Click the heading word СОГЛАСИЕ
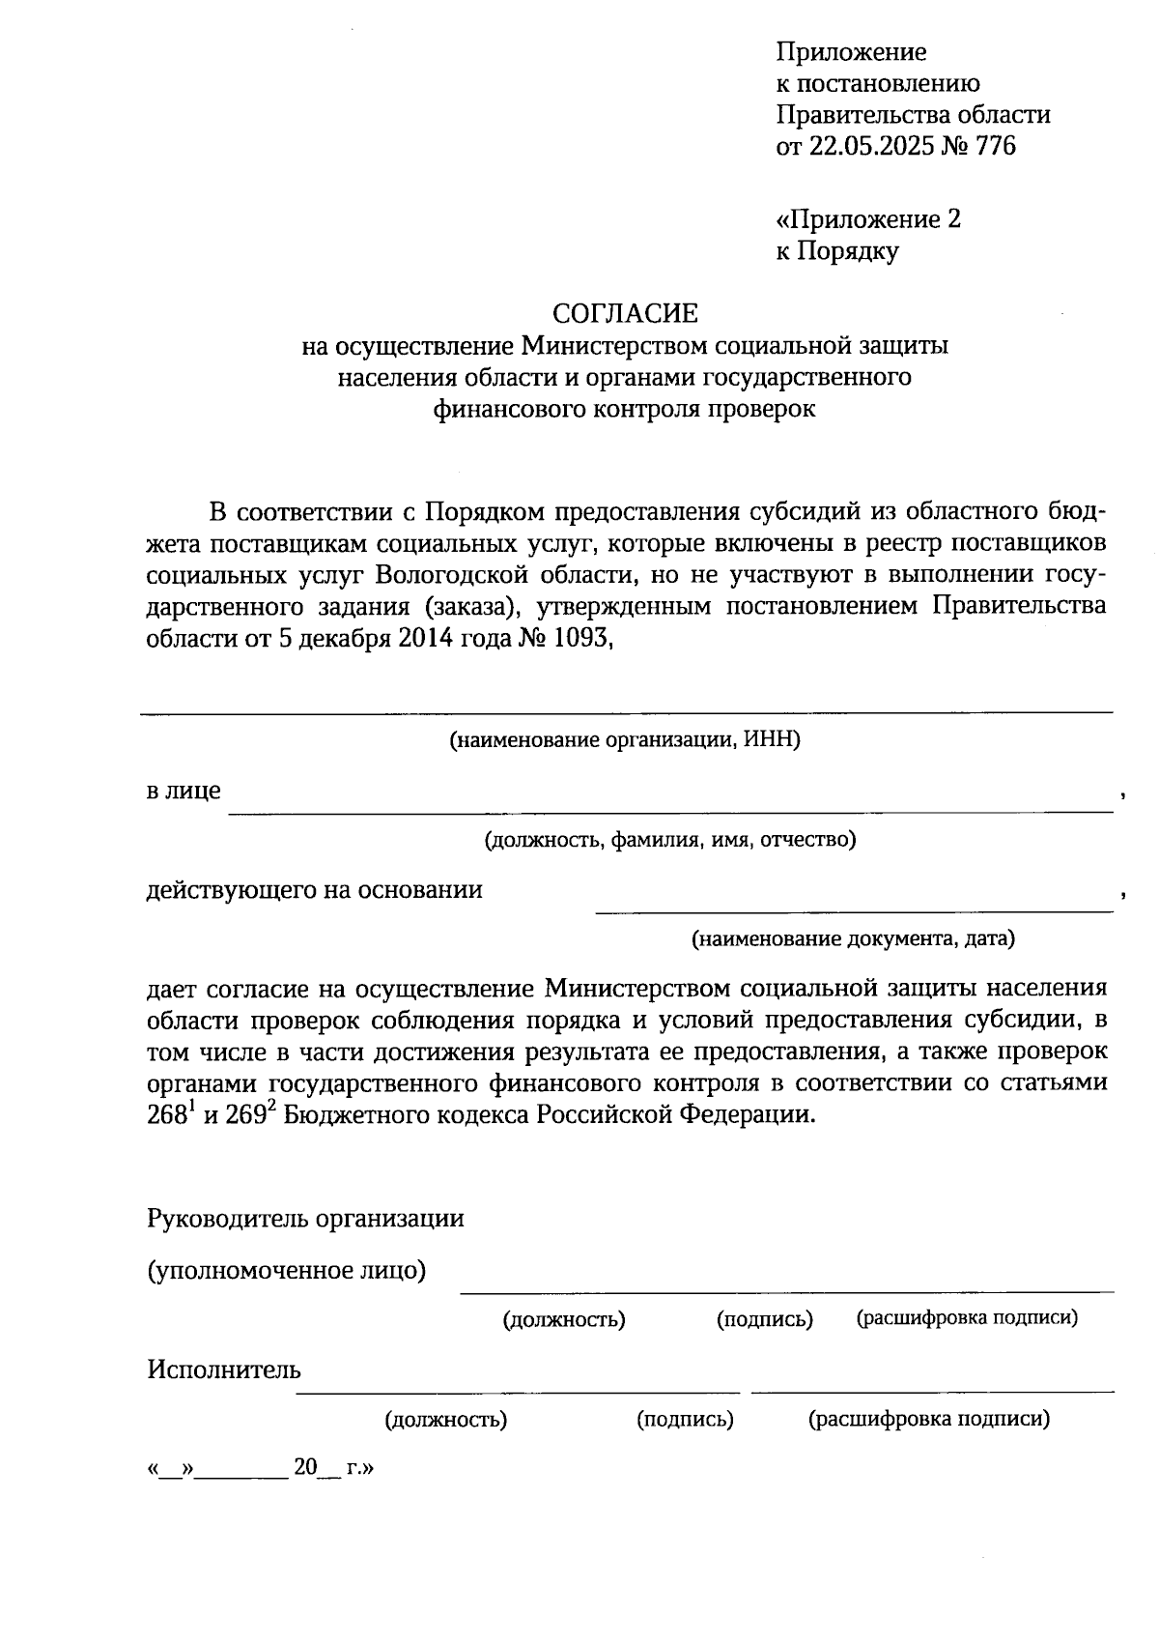(624, 313)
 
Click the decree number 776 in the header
(996, 147)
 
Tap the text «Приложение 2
(868, 219)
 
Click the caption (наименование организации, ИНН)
(625, 741)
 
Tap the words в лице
(184, 792)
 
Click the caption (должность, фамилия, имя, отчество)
(670, 840)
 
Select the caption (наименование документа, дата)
(853, 938)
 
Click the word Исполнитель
(224, 1369)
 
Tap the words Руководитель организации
(305, 1219)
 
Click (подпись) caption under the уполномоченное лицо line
(764, 1319)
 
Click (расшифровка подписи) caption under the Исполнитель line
(928, 1420)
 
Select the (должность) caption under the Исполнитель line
(446, 1420)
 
